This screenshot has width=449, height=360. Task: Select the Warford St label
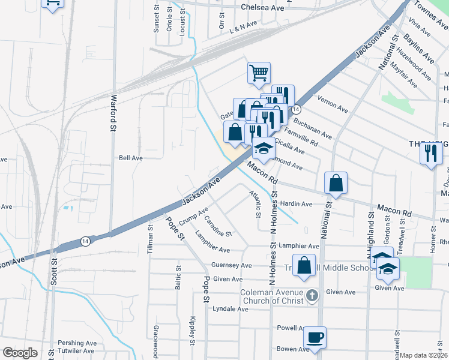coord(112,112)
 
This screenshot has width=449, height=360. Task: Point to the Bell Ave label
coord(130,158)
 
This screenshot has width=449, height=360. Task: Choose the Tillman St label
coord(150,241)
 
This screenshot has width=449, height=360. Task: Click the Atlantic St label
coord(256,203)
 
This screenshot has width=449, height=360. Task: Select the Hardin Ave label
coord(297,204)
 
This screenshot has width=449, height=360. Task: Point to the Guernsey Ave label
coord(231,265)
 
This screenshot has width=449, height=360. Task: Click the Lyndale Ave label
coord(230,309)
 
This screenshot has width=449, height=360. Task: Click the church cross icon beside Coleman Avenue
coord(311,295)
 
